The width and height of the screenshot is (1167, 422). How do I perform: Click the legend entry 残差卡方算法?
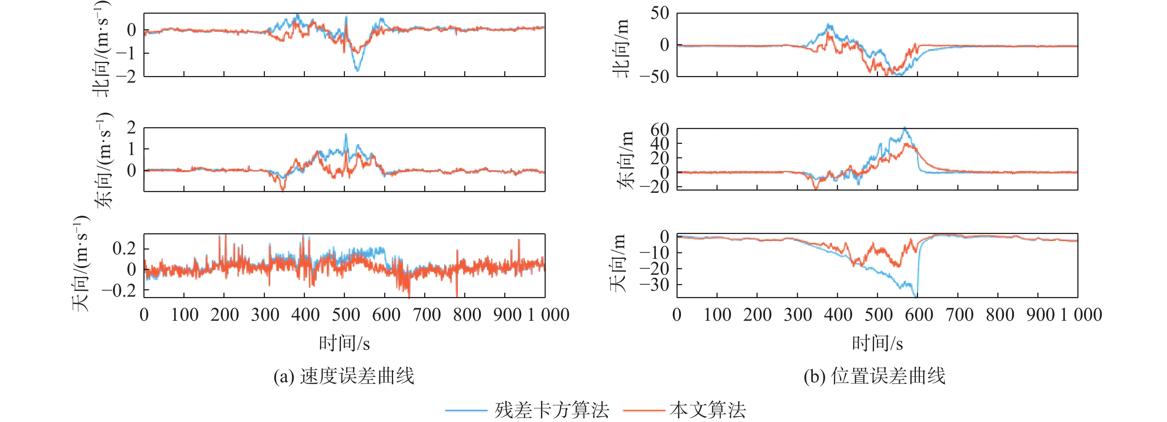click(x=551, y=410)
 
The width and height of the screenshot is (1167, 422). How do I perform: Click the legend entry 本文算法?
click(x=707, y=410)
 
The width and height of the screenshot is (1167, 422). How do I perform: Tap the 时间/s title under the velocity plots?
click(x=344, y=343)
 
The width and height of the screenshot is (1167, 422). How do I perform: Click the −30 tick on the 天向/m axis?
click(x=655, y=285)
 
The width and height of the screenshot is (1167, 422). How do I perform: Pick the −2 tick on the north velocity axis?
click(x=126, y=76)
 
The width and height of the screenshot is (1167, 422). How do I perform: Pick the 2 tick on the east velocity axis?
click(x=132, y=128)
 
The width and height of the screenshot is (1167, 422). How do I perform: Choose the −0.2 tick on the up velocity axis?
click(x=119, y=290)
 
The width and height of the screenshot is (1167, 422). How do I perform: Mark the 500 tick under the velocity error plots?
click(x=345, y=314)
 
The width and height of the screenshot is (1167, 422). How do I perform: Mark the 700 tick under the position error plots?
click(x=959, y=314)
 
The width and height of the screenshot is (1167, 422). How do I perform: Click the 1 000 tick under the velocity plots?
click(x=548, y=314)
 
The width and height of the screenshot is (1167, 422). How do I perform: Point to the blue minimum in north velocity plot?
click(x=357, y=71)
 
